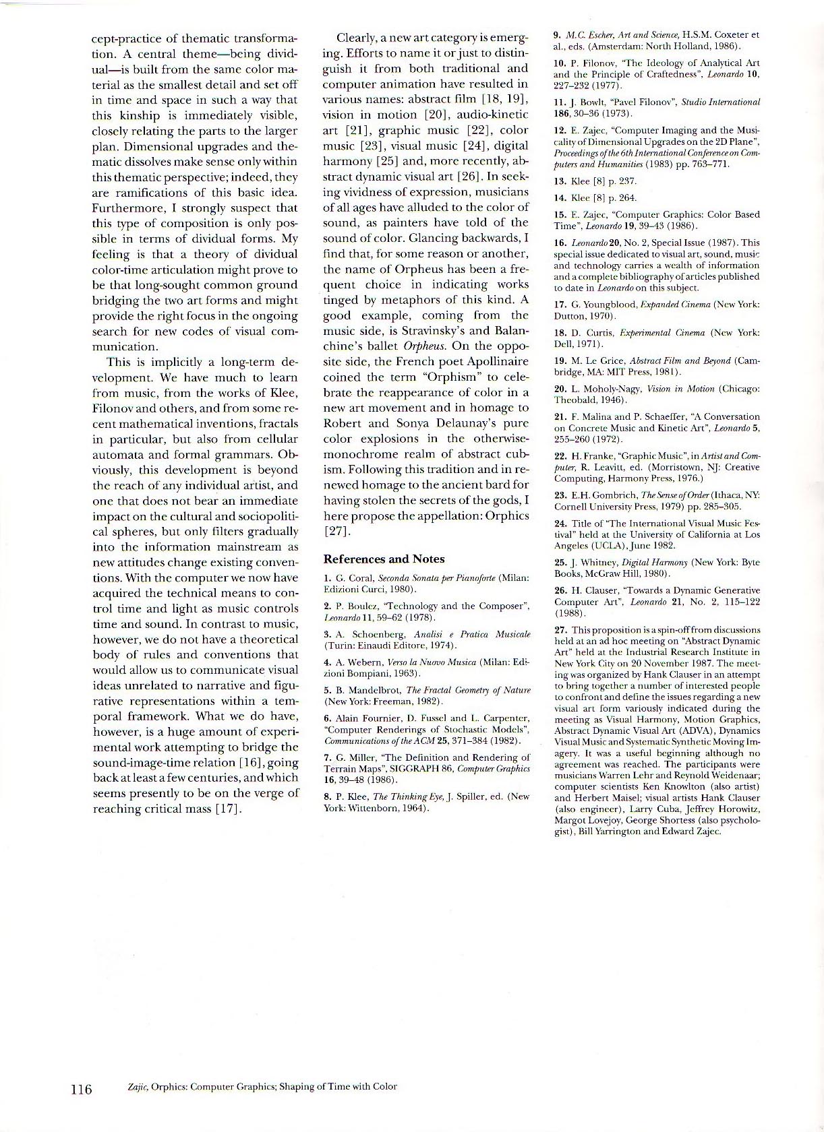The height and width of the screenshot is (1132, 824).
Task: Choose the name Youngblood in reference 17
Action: pyautogui.click(x=603, y=304)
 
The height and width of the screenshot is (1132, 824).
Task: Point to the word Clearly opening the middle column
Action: pyautogui.click(x=358, y=38)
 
